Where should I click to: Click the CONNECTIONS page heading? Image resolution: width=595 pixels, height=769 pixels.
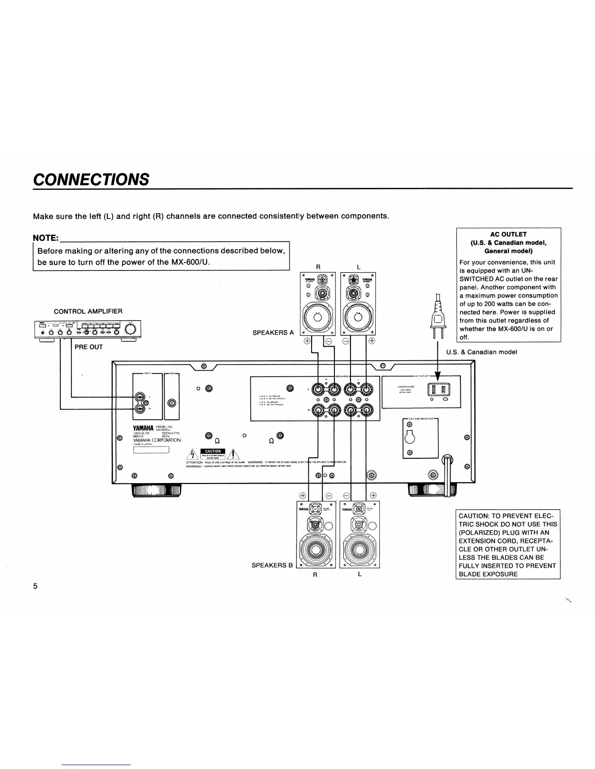point(91,179)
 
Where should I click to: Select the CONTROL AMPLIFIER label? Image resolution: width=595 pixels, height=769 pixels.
point(88,311)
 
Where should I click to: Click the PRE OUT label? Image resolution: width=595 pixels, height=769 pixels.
point(88,347)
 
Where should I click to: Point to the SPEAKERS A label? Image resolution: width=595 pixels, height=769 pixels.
point(273,333)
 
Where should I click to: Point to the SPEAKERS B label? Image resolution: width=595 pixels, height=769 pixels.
point(272,565)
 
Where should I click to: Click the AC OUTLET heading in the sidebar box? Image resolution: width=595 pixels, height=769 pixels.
point(508,234)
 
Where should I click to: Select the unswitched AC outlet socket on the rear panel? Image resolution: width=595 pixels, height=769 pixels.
point(438,389)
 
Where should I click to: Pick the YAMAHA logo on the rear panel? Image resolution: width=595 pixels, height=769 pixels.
point(143,428)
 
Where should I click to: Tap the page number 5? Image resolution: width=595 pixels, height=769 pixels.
point(35,585)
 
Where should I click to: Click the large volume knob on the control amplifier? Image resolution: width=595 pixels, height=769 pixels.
point(131,329)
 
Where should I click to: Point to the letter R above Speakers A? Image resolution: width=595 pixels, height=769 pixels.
point(318,267)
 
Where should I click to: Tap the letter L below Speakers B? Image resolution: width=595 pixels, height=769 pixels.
point(359,574)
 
